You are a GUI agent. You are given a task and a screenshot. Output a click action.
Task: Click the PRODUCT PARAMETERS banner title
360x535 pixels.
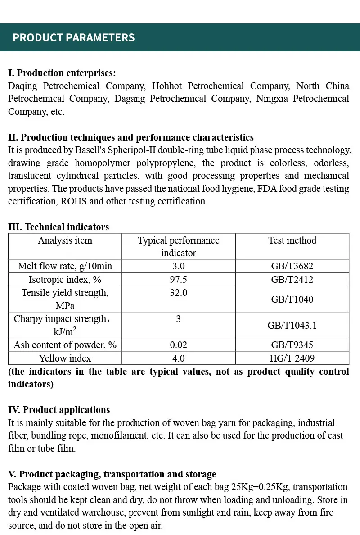[73, 37]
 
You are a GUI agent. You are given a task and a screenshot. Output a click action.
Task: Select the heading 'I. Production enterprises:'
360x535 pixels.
[62, 73]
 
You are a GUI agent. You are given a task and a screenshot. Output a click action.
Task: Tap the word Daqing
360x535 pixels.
[22, 86]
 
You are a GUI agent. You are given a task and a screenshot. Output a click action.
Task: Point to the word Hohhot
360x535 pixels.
[166, 86]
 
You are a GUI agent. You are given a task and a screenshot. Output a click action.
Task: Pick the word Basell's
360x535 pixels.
[97, 150]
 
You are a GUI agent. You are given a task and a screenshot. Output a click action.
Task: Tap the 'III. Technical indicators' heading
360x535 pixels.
[58, 227]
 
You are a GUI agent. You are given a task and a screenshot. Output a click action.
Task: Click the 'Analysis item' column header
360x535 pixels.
[65, 240]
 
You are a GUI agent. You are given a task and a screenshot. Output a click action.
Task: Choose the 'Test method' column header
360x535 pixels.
[292, 240]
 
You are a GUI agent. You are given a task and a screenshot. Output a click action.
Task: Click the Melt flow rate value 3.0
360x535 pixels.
[178, 266]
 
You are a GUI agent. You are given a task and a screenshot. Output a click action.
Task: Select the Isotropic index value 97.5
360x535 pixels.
[178, 279]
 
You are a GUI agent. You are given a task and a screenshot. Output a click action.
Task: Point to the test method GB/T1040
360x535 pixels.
[292, 299]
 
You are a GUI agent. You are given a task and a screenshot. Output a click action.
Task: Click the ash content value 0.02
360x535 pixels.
[178, 345]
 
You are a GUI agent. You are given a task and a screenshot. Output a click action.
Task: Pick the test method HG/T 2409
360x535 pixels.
[292, 358]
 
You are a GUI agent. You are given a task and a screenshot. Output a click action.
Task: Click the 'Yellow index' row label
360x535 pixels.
[65, 358]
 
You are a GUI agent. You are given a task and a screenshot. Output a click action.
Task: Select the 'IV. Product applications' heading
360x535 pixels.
[59, 410]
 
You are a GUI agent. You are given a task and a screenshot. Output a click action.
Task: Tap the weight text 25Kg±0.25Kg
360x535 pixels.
[259, 487]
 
